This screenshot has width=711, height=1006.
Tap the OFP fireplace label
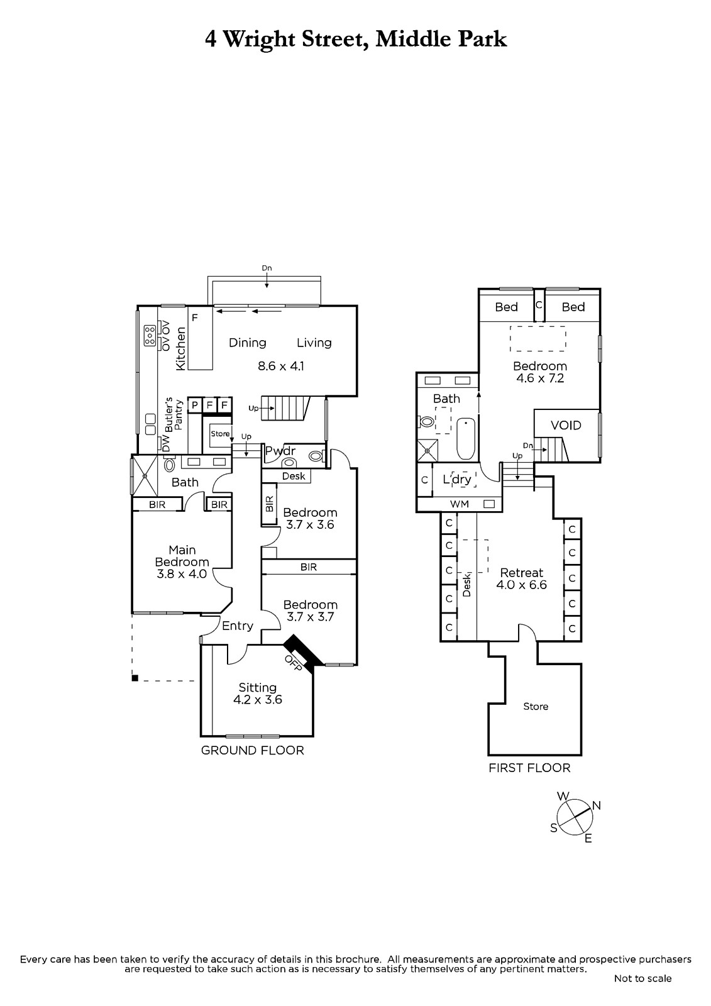tap(293, 663)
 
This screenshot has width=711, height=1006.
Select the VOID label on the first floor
tap(566, 425)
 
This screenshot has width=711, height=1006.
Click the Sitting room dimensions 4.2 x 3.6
tap(257, 699)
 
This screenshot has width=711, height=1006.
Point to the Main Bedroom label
tap(182, 556)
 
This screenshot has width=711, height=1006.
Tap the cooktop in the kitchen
tap(150, 336)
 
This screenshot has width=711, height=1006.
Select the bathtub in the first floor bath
tap(466, 438)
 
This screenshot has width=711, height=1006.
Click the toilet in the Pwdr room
tap(316, 456)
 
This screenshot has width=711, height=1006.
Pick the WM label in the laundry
tap(460, 504)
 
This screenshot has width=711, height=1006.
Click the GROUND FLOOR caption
tap(253, 750)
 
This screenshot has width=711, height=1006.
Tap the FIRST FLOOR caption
tap(529, 768)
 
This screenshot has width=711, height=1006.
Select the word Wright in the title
tap(259, 40)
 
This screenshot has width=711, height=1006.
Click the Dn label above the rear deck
tap(267, 268)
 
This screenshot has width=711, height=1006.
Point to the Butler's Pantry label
tap(174, 414)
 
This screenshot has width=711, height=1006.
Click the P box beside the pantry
tap(195, 405)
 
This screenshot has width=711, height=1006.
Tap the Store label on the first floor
tap(536, 707)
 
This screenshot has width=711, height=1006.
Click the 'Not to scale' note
tap(642, 978)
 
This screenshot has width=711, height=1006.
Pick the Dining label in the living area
tap(248, 343)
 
